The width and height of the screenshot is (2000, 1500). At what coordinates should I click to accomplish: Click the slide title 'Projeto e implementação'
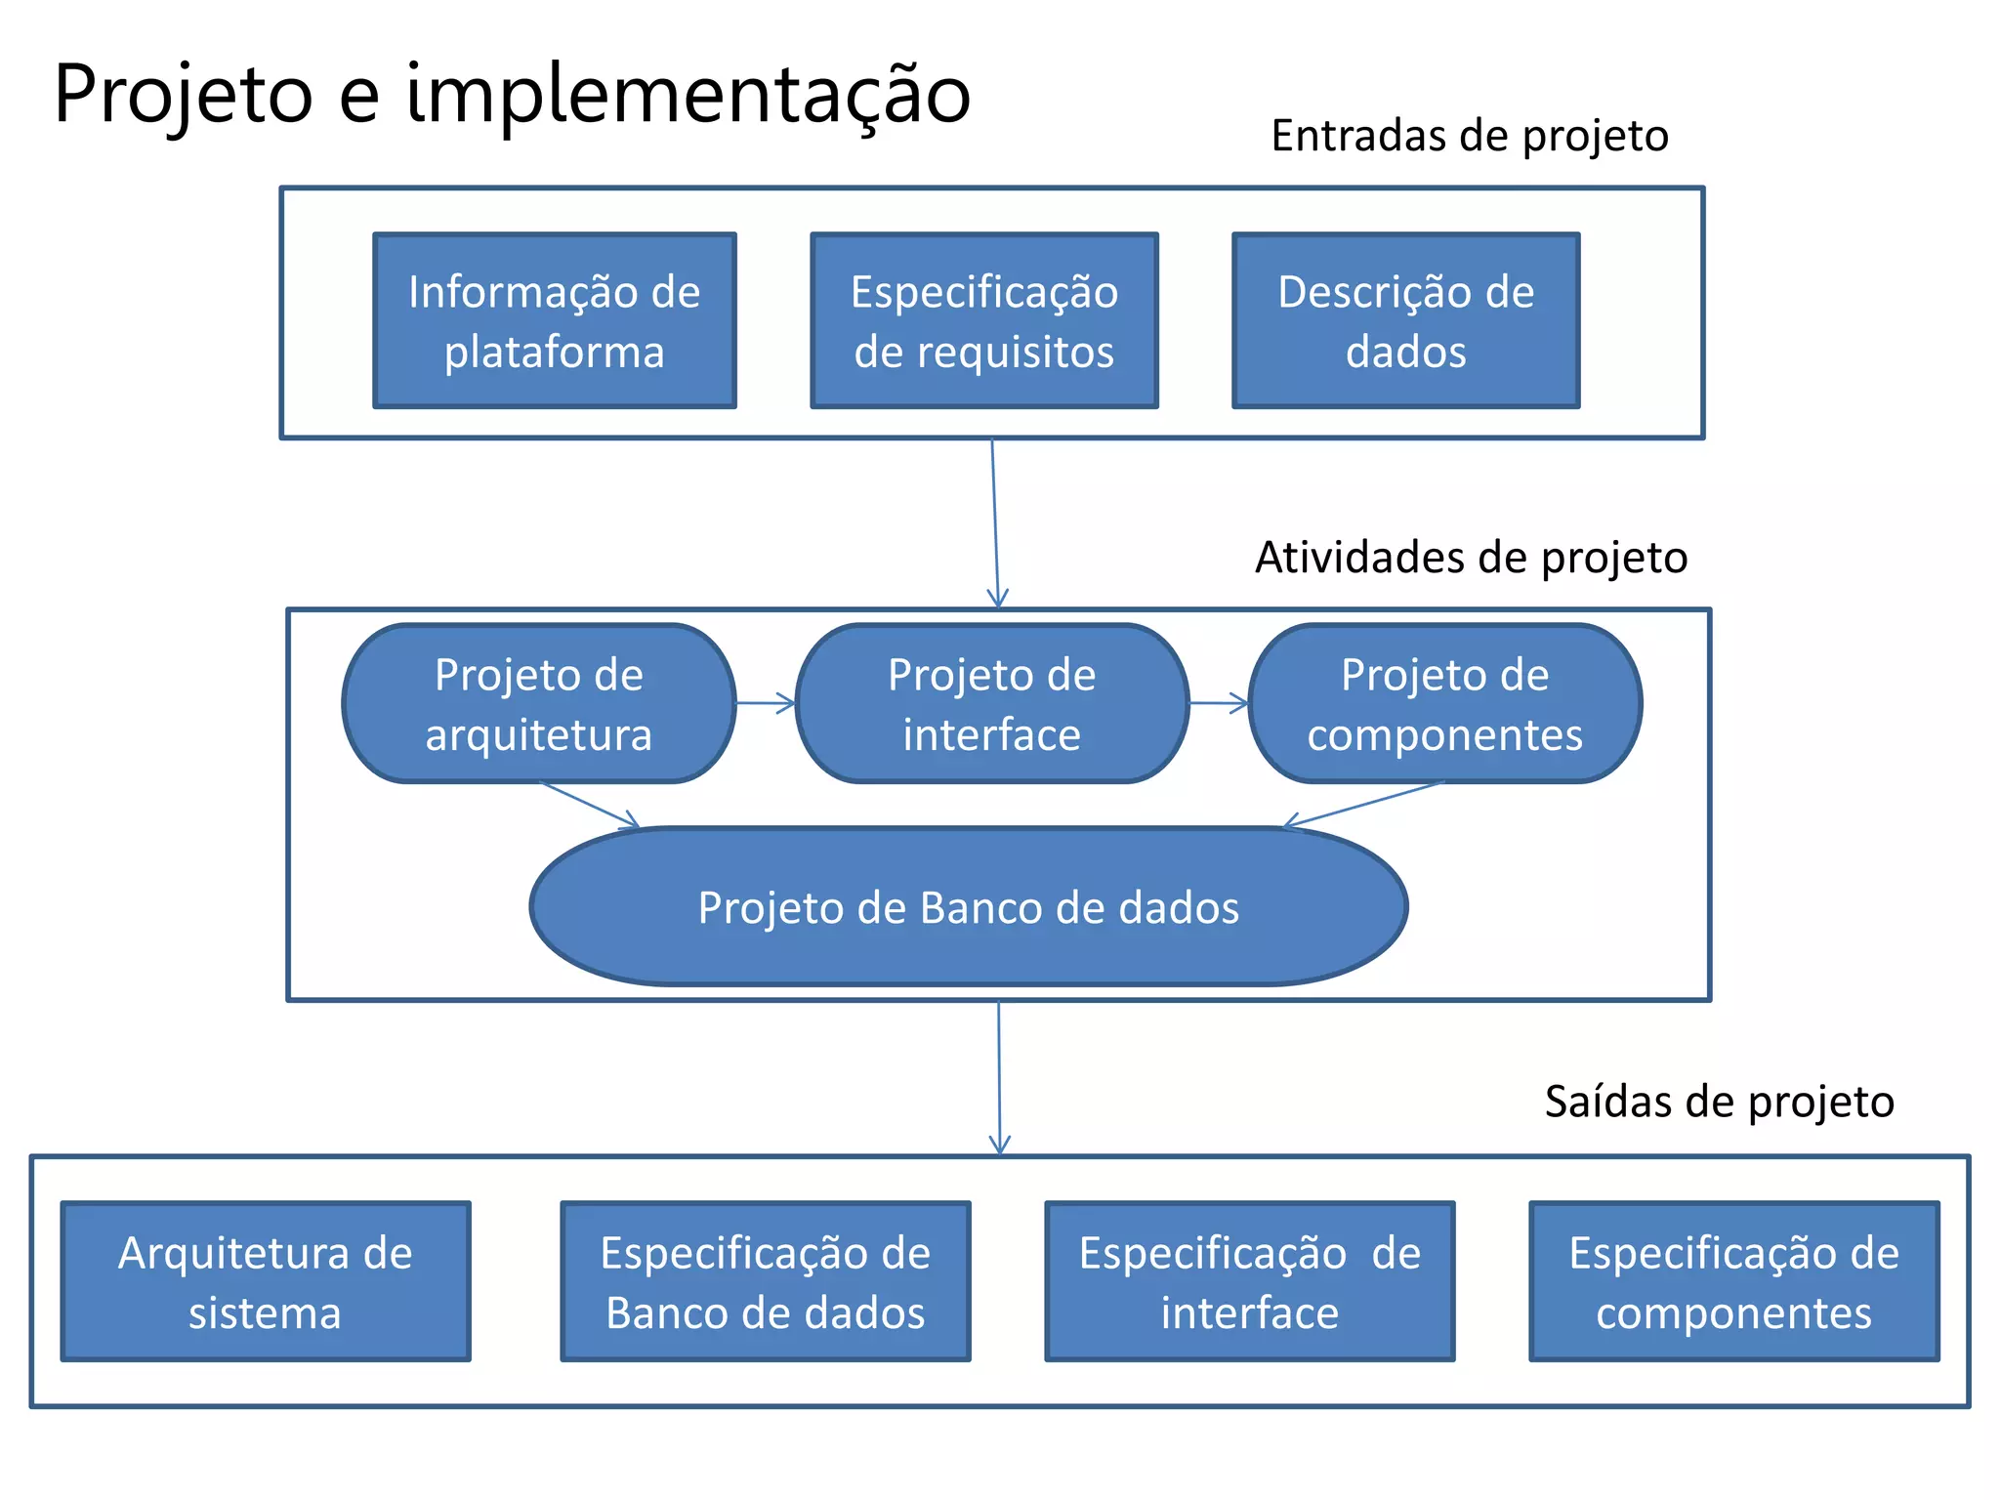pyautogui.click(x=512, y=94)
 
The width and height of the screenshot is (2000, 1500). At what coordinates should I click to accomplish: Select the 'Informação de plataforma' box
pyautogui.click(x=555, y=320)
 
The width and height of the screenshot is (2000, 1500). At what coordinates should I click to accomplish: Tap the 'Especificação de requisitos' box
pyautogui.click(x=984, y=320)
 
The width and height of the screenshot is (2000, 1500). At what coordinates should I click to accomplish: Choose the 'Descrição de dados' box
pyautogui.click(x=1405, y=320)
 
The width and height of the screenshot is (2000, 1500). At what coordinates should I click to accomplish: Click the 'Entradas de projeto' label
pyautogui.click(x=1469, y=136)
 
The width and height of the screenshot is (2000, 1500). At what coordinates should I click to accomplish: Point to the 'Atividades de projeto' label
pyautogui.click(x=1471, y=558)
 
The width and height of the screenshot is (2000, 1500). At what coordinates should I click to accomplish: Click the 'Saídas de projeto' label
pyautogui.click(x=1719, y=1102)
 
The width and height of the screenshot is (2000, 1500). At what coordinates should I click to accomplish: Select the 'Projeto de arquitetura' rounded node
pyautogui.click(x=539, y=703)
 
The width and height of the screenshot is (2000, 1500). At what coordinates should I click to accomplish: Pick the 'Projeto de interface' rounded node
pyautogui.click(x=992, y=703)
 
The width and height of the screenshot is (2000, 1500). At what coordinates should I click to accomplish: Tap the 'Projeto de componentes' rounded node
pyautogui.click(x=1445, y=703)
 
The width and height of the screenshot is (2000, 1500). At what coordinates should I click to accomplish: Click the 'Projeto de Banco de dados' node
pyautogui.click(x=969, y=906)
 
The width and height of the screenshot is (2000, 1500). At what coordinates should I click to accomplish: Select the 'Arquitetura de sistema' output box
pyautogui.click(x=266, y=1281)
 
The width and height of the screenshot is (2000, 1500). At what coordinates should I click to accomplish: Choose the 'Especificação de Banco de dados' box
pyautogui.click(x=766, y=1281)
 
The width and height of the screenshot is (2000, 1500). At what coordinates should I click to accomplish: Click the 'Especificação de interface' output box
pyautogui.click(x=1250, y=1281)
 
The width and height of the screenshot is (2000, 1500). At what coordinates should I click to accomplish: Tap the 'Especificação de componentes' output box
pyautogui.click(x=1734, y=1281)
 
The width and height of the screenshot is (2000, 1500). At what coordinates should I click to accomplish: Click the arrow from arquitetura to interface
pyautogui.click(x=766, y=703)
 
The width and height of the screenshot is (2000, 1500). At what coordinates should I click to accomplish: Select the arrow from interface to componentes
pyautogui.click(x=1219, y=703)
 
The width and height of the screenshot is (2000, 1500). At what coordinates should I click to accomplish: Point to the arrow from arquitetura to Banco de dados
pyautogui.click(x=590, y=805)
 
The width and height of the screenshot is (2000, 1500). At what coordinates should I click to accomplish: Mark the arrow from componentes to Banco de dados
pyautogui.click(x=1365, y=805)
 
